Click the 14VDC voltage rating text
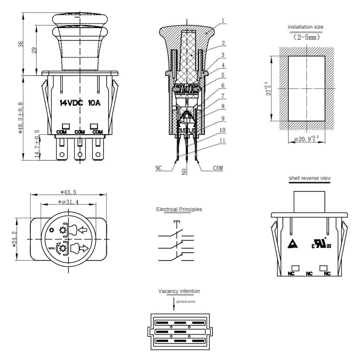pos(71,103)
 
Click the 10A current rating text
pos(94,103)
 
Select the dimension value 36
pos(21,44)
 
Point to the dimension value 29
pos(34,50)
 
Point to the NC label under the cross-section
pos(159,168)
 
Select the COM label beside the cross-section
pos(218,168)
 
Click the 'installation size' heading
pos(305,27)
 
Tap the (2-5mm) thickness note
pos(306,37)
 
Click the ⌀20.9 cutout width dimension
pos(306,138)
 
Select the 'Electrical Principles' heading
pos(179,210)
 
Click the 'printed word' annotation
pos(186,301)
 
